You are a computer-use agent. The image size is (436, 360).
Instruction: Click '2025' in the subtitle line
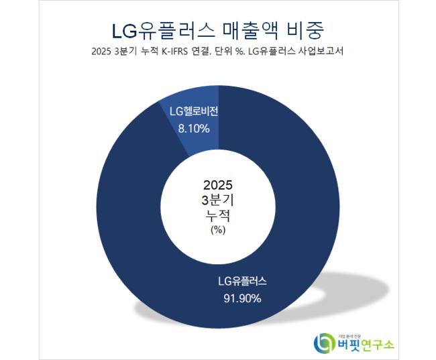click(x=101, y=53)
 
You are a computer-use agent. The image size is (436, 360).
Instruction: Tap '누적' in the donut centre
click(x=217, y=215)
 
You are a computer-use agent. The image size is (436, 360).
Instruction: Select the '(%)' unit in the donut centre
click(x=217, y=229)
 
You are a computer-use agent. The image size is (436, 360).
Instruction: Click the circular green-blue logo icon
click(x=325, y=342)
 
